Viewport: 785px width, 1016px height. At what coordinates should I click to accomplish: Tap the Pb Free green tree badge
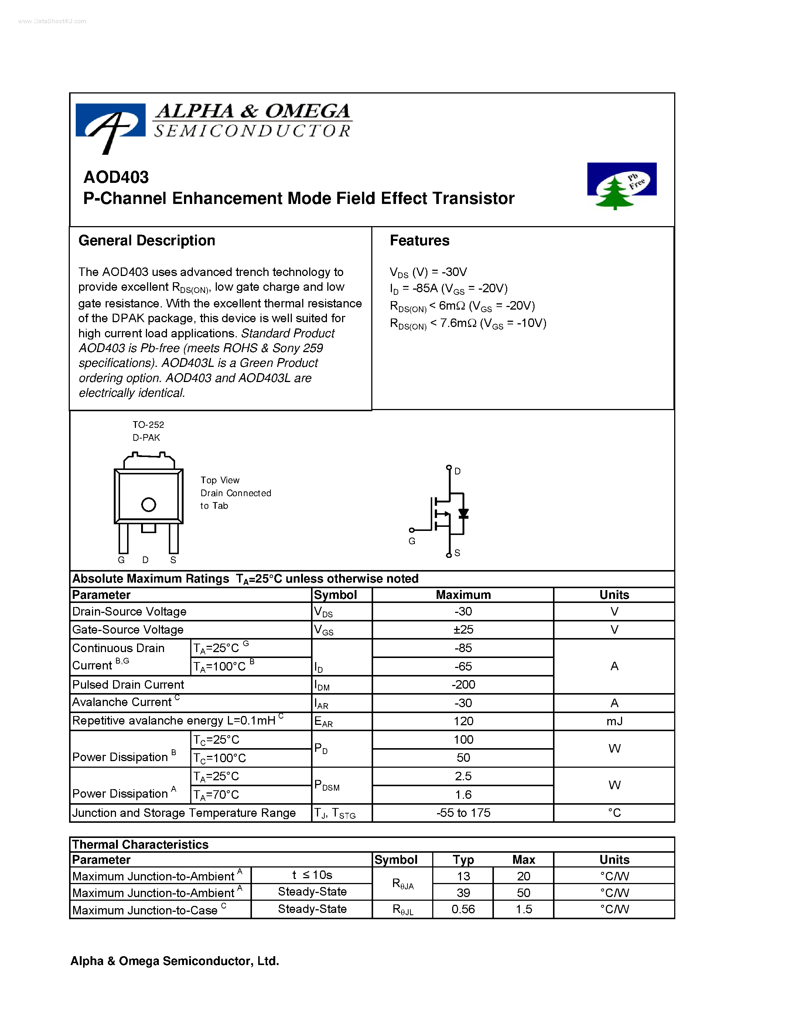click(621, 185)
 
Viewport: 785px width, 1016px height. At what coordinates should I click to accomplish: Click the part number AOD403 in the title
click(116, 177)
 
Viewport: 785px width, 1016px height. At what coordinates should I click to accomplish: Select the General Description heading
click(147, 241)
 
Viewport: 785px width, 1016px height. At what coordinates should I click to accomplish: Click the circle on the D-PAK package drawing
click(149, 504)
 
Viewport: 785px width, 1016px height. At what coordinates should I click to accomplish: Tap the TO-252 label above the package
click(148, 424)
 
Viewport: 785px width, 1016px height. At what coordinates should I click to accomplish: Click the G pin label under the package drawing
click(122, 560)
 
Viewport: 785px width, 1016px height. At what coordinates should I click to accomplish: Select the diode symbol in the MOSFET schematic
click(463, 514)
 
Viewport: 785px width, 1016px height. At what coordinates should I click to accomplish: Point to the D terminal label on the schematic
click(458, 471)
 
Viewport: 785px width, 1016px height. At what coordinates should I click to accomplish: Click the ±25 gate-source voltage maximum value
click(463, 630)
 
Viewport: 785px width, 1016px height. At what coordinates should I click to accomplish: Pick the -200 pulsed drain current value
click(463, 684)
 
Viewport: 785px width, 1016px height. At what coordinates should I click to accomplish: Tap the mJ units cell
click(614, 721)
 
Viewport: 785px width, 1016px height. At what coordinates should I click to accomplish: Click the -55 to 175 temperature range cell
click(463, 813)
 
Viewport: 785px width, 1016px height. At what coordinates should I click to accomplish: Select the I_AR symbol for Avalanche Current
click(321, 703)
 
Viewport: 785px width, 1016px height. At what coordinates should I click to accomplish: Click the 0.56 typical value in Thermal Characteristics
click(463, 909)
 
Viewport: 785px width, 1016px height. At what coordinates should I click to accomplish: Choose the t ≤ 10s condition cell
click(312, 875)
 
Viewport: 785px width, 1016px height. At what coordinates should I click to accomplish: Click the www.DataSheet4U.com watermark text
click(52, 21)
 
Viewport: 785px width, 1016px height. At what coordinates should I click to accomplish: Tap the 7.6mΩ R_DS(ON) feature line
click(468, 323)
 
